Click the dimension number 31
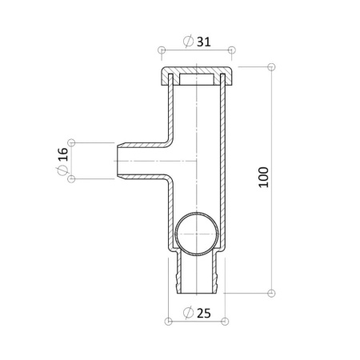coord(204,42)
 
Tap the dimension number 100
coord(264,178)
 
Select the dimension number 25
coord(204,313)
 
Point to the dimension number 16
coord(63,154)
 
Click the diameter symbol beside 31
coord(189,42)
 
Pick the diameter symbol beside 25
coord(189,313)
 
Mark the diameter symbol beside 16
coord(62,170)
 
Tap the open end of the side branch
coord(118,161)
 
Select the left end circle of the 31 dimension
coord(162,50)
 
